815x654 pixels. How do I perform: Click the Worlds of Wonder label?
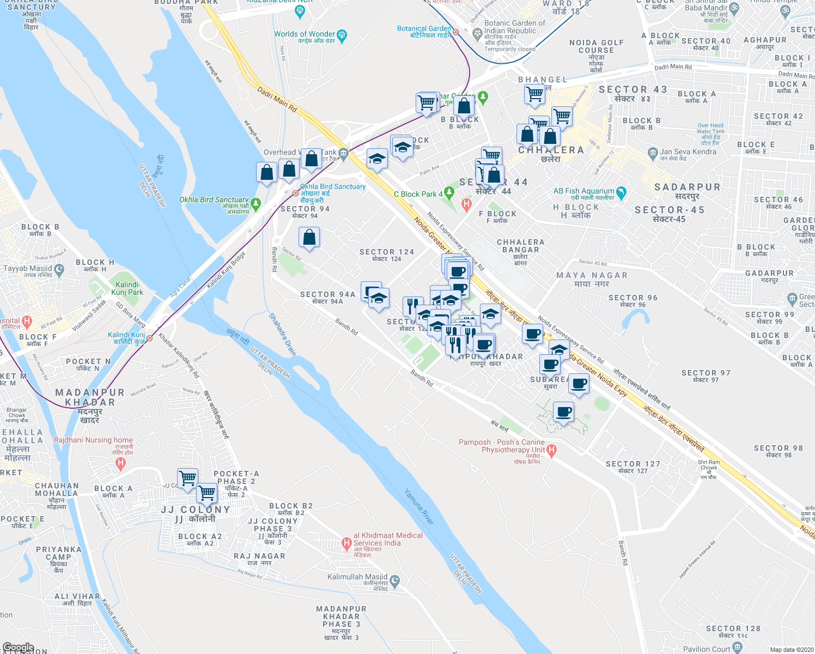click(305, 34)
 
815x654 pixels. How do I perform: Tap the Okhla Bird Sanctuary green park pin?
click(256, 204)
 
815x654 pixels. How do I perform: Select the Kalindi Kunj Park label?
click(127, 288)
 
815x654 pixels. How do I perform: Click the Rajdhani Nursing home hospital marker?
click(121, 464)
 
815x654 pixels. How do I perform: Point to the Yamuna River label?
click(419, 507)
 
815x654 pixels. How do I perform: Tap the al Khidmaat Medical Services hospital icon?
click(346, 543)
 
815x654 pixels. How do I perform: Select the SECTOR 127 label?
click(632, 464)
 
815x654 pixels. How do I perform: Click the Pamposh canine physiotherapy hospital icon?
click(551, 450)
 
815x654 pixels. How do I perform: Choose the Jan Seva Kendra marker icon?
click(653, 152)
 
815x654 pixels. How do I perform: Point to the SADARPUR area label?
click(687, 187)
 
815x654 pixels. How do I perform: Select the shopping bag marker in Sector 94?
click(309, 238)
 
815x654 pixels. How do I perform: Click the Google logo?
click(19, 647)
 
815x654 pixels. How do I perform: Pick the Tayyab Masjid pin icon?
click(59, 269)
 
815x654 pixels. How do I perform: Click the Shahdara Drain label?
click(282, 334)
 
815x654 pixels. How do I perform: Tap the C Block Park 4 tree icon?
click(448, 192)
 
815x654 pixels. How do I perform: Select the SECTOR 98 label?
click(778, 448)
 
